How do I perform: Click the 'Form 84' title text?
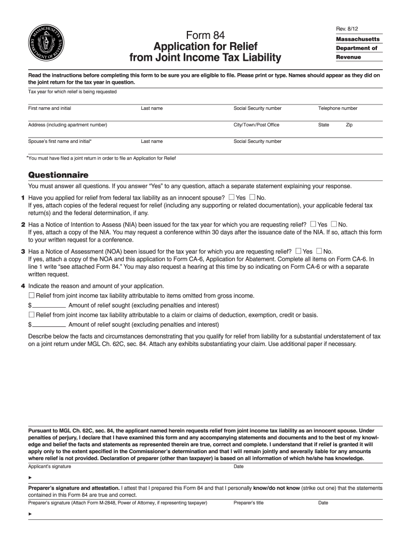pos(205,35)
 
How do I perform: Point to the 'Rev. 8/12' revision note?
pos(346,28)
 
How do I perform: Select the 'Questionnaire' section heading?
pos(58,175)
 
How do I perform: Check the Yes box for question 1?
pos(231,198)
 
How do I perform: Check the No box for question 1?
pos(252,198)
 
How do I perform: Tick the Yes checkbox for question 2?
pos(313,224)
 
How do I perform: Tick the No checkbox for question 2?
pos(334,224)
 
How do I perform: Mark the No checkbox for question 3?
pos(319,251)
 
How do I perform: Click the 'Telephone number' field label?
pos(338,108)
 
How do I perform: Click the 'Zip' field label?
pos(349,125)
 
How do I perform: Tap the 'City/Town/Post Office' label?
pos(256,125)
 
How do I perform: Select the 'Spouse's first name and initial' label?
pos(60,141)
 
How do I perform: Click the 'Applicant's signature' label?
pos(50,467)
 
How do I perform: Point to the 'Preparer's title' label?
pos(249,503)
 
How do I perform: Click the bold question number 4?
pos(23,286)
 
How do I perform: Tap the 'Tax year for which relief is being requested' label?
pos(72,92)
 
